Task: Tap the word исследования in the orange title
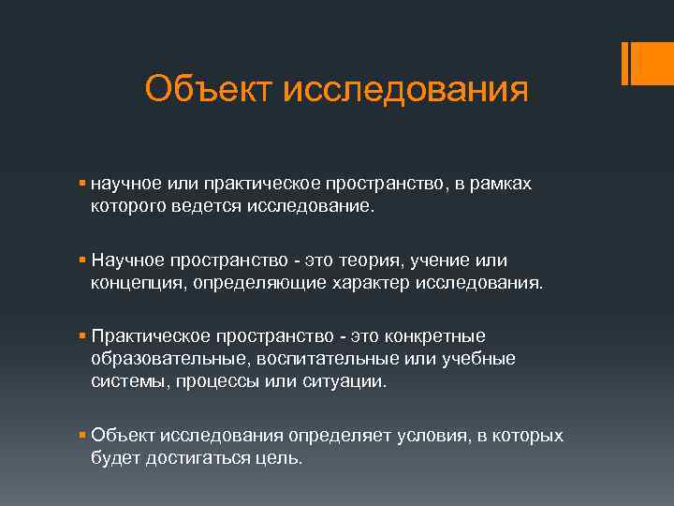(x=404, y=91)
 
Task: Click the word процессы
(x=202, y=379)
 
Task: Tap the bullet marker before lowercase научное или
(x=83, y=185)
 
